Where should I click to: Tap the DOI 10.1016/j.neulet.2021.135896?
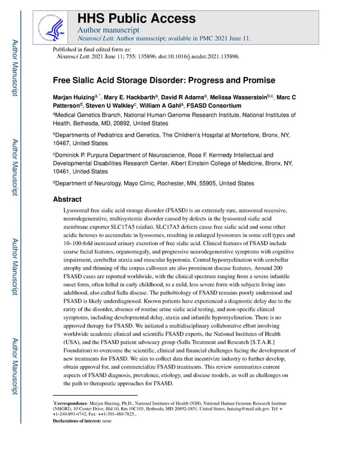tap(197, 56)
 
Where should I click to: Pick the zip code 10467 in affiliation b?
tap(64, 144)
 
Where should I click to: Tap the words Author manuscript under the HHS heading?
tap(108, 29)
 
